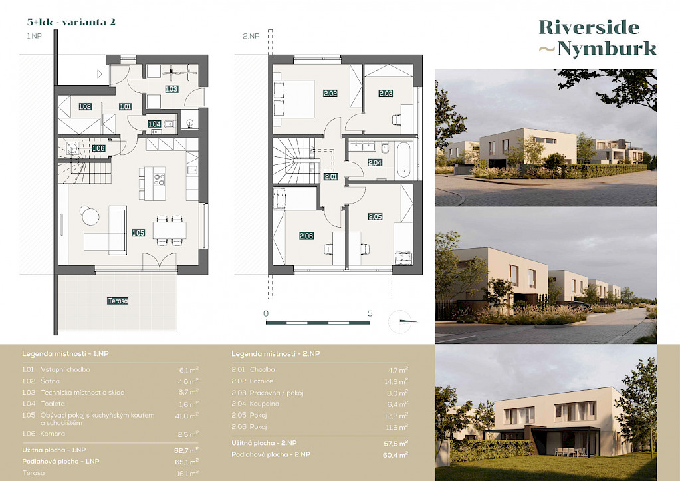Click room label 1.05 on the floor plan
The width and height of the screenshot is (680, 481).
[x=138, y=233]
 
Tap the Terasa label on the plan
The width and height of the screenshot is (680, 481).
[x=118, y=301]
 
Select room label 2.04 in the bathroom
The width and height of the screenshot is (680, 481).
[x=375, y=163]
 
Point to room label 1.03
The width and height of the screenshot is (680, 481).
[x=171, y=89]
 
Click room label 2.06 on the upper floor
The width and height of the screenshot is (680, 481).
[x=306, y=236]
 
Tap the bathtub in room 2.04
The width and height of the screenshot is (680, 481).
[x=403, y=160]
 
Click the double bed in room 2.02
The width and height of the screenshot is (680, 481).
[x=294, y=99]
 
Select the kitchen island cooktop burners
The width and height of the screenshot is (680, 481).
[x=159, y=179]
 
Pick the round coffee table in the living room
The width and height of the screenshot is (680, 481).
[x=90, y=216]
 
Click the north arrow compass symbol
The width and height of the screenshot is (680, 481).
[x=401, y=322]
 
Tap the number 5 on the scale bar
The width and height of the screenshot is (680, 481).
[x=370, y=313]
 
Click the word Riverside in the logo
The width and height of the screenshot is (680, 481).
[x=590, y=27]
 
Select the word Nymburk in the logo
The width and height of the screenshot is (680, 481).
[x=607, y=48]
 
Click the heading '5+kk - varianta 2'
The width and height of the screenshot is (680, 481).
[x=71, y=22]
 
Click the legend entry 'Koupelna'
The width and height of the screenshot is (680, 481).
[x=265, y=404]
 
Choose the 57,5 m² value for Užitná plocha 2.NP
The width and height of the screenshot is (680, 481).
[x=396, y=444]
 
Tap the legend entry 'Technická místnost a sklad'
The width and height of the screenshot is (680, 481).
[x=82, y=393]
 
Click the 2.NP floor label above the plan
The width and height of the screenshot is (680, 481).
[x=251, y=36]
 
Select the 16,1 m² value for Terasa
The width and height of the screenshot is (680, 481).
[x=187, y=473]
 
